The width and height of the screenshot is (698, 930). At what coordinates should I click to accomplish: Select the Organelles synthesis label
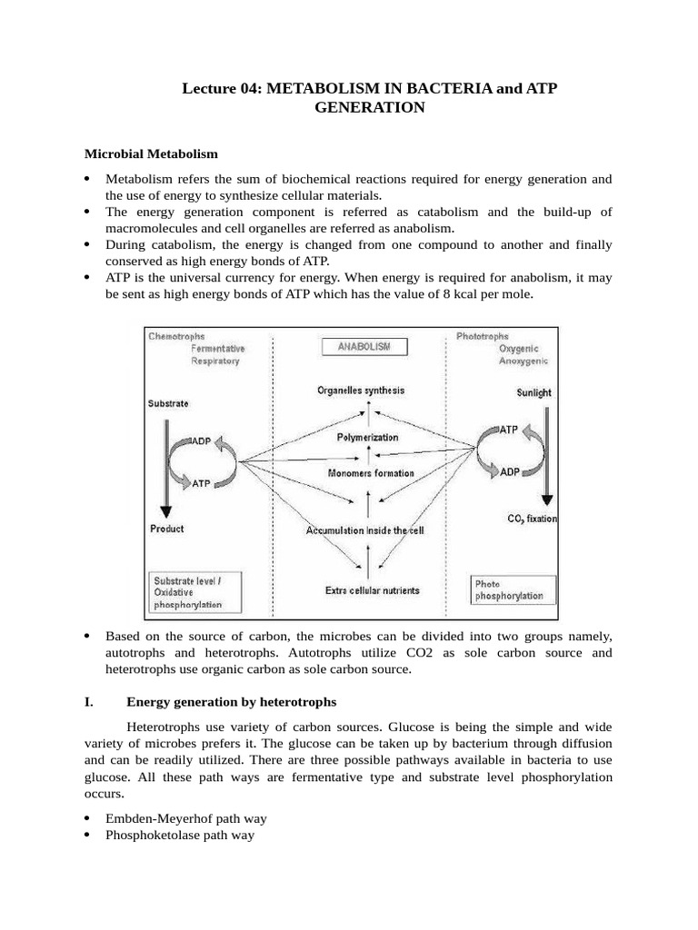point(361,391)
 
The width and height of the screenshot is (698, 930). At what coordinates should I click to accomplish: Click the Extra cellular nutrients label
point(373,590)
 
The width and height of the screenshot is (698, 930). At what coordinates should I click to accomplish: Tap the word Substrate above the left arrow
point(168,403)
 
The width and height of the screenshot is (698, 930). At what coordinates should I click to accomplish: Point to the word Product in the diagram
point(166,529)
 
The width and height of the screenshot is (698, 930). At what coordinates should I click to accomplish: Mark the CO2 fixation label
point(533,519)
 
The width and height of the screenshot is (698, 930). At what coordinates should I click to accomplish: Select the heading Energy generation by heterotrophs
point(232,702)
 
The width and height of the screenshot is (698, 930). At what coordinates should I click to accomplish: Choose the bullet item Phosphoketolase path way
point(180,835)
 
